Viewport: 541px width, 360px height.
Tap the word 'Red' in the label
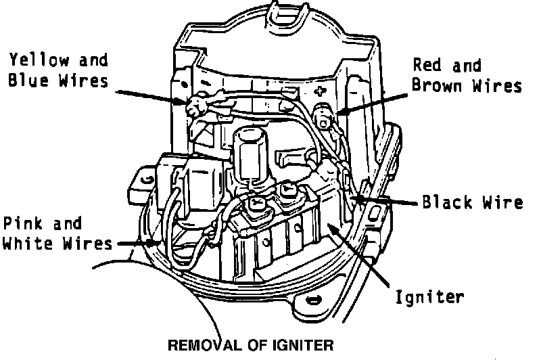pyautogui.click(x=427, y=66)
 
